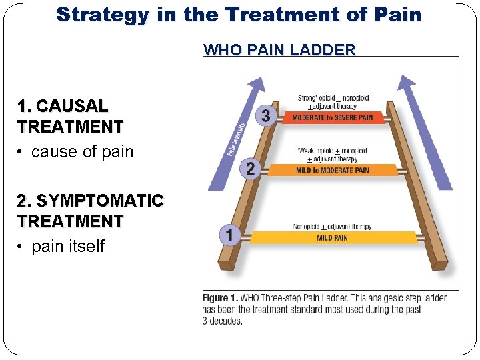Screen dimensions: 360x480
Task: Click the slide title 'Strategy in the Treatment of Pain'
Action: pyautogui.click(x=239, y=15)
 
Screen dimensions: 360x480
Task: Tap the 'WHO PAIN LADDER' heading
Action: pyautogui.click(x=279, y=50)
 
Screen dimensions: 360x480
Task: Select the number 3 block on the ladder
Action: pyautogui.click(x=266, y=116)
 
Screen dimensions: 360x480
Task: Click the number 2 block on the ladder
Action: pyautogui.click(x=250, y=169)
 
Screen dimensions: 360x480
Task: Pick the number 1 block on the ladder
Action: pyautogui.click(x=230, y=235)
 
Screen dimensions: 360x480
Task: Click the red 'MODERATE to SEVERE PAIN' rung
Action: pyautogui.click(x=333, y=117)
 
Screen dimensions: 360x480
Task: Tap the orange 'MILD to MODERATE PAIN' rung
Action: pyautogui.click(x=333, y=170)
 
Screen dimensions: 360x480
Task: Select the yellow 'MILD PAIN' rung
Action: pyautogui.click(x=333, y=237)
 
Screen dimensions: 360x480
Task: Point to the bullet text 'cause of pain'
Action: pyautogui.click(x=82, y=152)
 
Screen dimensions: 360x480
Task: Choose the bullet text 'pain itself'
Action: pyautogui.click(x=68, y=247)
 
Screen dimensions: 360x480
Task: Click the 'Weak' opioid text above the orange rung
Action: pyautogui.click(x=311, y=151)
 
